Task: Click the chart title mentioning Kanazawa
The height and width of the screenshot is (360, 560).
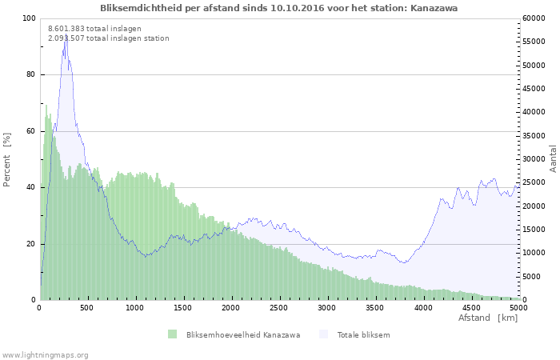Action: [x=279, y=8]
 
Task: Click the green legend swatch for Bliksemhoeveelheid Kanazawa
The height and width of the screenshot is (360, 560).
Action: [x=172, y=334]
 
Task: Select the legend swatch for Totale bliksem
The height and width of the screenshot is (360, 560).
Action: [x=323, y=334]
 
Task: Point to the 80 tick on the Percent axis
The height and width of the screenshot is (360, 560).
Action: [x=31, y=74]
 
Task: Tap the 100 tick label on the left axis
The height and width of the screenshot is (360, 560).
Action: [x=29, y=18]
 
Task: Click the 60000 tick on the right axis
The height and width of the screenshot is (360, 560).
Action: [x=534, y=18]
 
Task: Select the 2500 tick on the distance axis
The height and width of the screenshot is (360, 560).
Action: [x=279, y=307]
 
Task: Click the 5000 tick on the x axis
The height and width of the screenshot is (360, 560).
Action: [x=518, y=307]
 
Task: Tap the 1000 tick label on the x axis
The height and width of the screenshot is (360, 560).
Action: [x=135, y=307]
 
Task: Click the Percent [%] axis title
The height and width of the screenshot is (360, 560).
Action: [x=7, y=159]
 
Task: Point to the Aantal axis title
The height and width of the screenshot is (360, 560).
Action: [x=553, y=159]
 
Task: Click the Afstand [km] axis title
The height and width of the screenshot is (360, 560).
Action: [x=487, y=318]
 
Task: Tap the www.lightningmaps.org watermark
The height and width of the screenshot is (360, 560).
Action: [x=45, y=354]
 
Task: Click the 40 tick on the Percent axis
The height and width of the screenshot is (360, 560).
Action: [x=31, y=187]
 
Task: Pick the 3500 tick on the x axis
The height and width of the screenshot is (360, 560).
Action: [x=374, y=307]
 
